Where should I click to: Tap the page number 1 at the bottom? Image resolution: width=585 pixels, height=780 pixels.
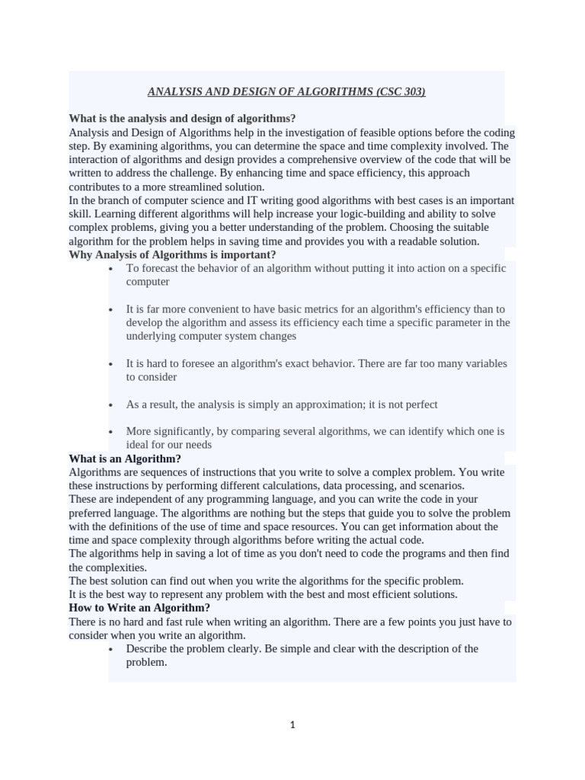point(292,725)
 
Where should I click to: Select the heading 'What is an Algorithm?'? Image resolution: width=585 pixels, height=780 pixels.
point(125,459)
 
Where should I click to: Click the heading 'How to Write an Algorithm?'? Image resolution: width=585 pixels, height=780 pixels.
point(139,608)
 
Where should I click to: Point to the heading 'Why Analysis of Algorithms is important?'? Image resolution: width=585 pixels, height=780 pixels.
point(172,254)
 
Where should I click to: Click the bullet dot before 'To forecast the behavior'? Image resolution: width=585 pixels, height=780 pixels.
point(111,269)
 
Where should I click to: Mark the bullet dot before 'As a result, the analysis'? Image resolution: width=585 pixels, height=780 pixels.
point(111,405)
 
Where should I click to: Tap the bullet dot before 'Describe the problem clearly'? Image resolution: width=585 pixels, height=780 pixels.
point(111,650)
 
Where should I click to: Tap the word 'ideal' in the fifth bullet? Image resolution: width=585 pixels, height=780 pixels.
point(138,445)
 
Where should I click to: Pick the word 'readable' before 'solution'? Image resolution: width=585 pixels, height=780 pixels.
point(412,241)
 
